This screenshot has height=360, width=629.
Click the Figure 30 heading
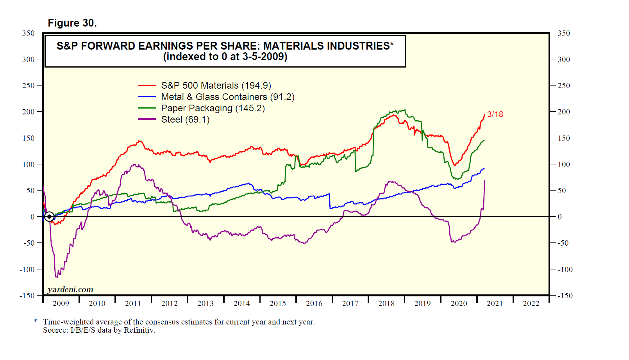[x=72, y=23]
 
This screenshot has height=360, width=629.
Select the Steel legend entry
[x=185, y=119]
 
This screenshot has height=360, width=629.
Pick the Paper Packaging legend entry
[x=213, y=108]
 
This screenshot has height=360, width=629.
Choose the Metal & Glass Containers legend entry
[x=228, y=97]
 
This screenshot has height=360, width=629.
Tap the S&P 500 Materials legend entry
[x=216, y=86]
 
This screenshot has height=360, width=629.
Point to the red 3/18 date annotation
[x=495, y=114]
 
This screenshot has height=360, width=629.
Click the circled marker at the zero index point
[x=49, y=216]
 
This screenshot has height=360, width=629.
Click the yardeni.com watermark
[x=70, y=289]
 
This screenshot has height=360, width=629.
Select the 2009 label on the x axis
[x=61, y=303]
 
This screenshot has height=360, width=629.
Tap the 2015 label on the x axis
[x=278, y=303]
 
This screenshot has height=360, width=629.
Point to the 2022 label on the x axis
[x=531, y=303]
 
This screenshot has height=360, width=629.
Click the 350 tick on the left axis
[x=29, y=33]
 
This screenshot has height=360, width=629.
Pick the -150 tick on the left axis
[x=27, y=296]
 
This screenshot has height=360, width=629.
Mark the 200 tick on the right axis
[x=564, y=112]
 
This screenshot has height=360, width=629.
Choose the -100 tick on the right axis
[x=565, y=269]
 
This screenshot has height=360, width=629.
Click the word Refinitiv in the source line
[x=139, y=330]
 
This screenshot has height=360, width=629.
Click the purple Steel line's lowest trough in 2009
[x=57, y=277]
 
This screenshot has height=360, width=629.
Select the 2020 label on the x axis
[x=459, y=303]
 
